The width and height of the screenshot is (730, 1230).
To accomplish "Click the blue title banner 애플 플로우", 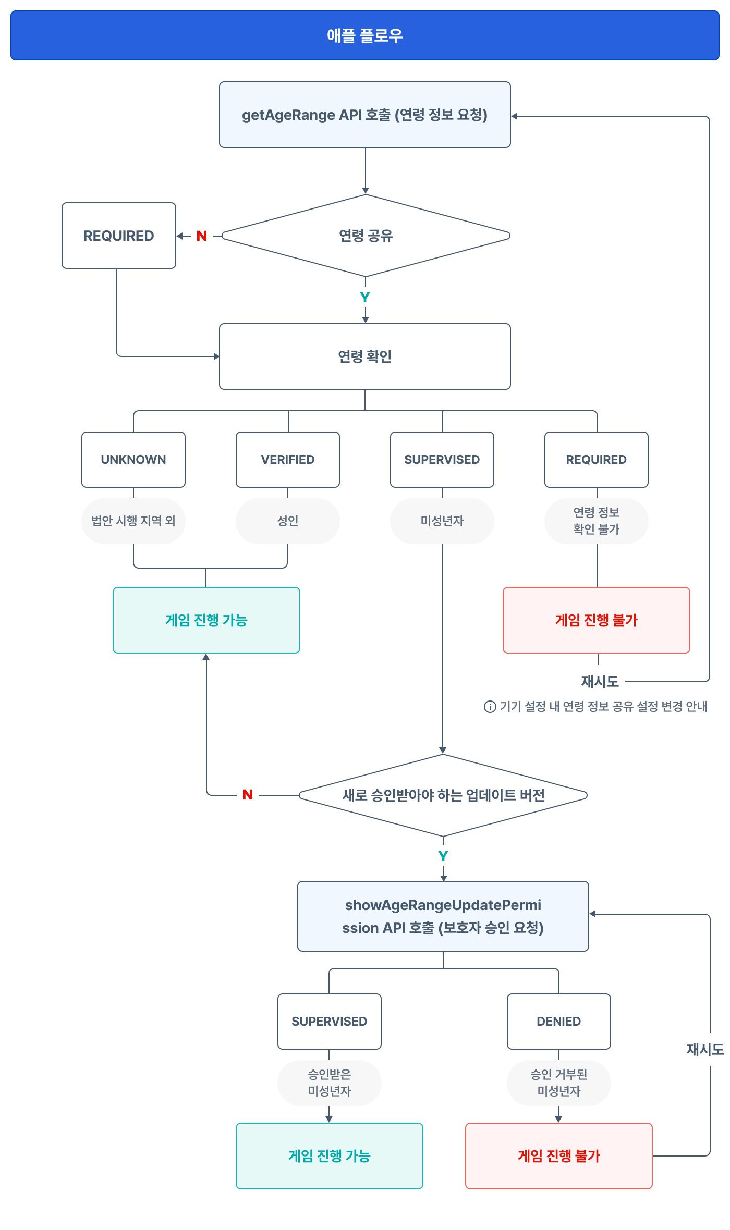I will point(365,35).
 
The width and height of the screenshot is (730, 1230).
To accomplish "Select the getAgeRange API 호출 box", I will point(365,115).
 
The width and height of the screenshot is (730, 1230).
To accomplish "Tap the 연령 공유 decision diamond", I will point(366,236).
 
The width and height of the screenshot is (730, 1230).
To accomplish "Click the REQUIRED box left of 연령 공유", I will point(119,236).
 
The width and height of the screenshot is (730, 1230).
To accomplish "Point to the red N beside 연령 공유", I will point(202,236).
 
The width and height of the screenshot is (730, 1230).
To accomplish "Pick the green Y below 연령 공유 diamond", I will point(365,298).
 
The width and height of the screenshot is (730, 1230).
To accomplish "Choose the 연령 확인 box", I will point(365,356).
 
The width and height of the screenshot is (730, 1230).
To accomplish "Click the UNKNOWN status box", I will point(133,460).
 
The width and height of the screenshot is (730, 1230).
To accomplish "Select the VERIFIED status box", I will point(288,460).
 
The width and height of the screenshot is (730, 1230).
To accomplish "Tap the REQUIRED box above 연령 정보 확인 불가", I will point(597,460).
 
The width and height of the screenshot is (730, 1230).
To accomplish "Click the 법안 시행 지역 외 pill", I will point(133,521).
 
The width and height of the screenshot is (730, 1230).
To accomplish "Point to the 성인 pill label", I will point(288,521).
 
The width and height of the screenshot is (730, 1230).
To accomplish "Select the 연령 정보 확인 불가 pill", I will point(597,521).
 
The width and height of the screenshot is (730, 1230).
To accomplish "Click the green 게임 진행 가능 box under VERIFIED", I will point(206,620).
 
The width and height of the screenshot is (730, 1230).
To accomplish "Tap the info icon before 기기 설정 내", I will point(490,707).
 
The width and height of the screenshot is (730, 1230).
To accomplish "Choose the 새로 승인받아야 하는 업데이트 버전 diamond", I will point(443,795).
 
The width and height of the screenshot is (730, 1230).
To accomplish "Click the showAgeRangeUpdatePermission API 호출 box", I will point(443,916).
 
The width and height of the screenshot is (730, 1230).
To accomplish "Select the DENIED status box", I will point(559,1022).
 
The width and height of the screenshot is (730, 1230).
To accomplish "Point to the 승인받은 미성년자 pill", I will point(330,1083).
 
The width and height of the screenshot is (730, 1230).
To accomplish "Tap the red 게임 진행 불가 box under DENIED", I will point(559,1156).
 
